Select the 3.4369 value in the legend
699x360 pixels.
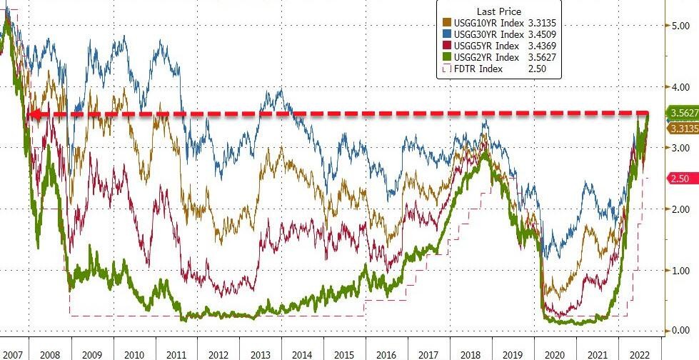541,46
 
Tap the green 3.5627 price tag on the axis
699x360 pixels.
682,113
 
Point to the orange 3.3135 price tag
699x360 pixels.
682,128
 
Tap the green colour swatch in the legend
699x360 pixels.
448,57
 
